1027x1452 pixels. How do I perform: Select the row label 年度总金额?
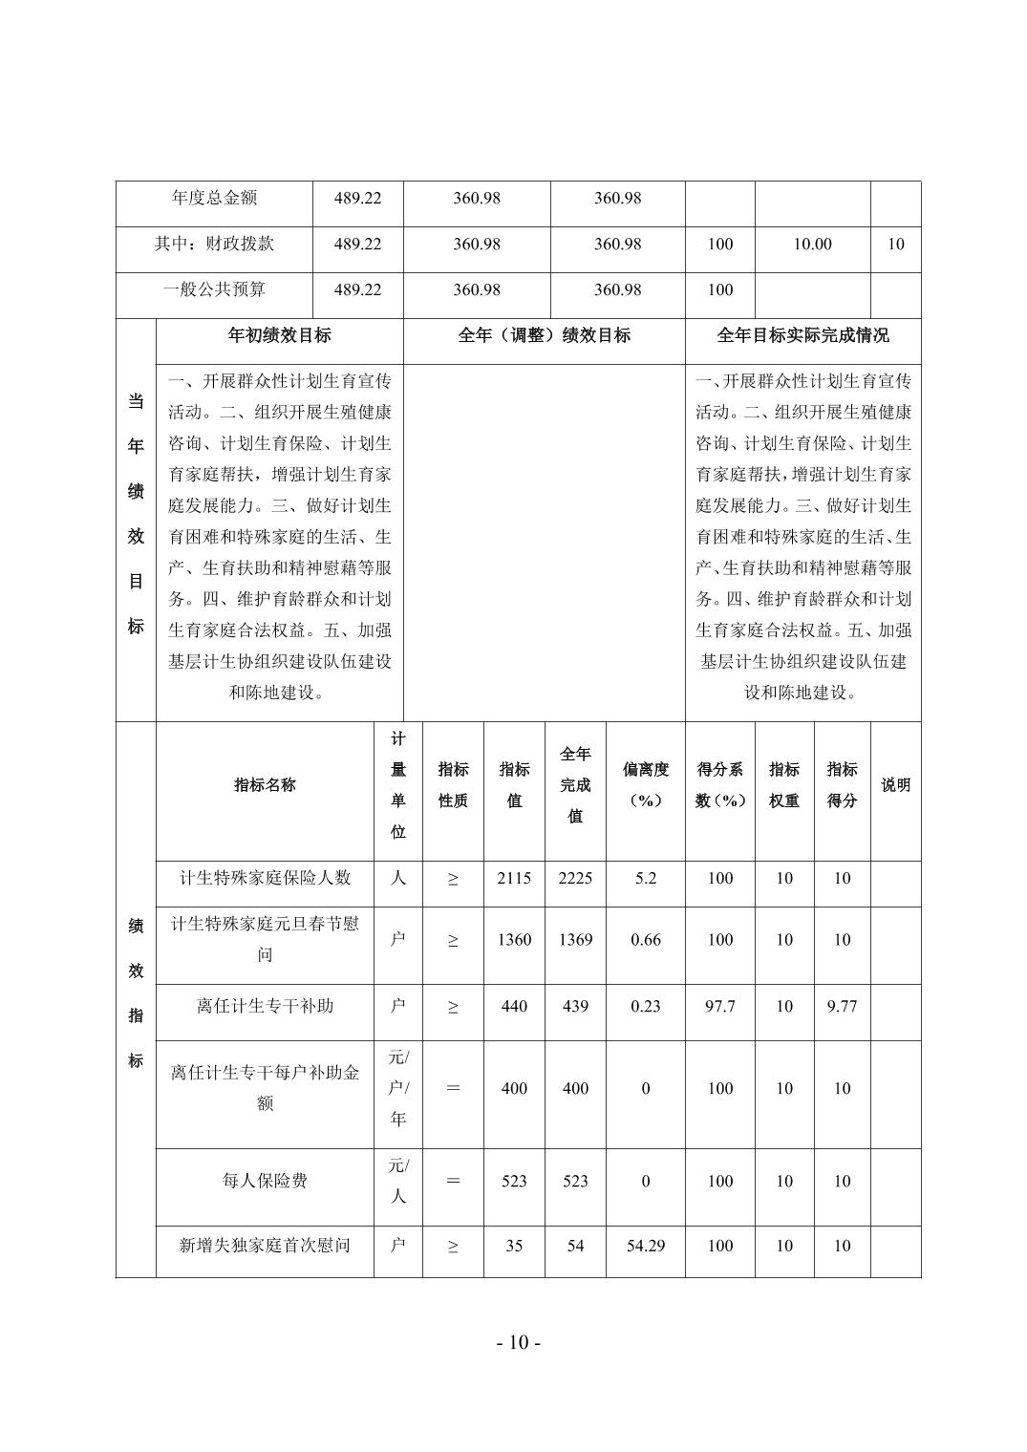[x=214, y=198]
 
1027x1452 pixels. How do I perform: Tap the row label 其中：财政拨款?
[x=214, y=244]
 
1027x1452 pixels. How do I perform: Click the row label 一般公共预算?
[x=214, y=289]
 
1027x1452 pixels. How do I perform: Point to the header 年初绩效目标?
[x=279, y=335]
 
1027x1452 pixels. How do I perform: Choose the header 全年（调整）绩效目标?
[x=544, y=335]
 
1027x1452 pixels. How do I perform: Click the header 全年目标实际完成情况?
[x=802, y=335]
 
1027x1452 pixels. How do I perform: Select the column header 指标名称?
[x=265, y=784]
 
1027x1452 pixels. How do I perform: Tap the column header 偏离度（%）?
[x=646, y=784]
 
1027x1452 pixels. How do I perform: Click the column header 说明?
[x=895, y=784]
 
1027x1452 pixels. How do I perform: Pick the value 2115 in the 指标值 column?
[x=514, y=878]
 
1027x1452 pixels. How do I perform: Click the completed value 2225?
[x=575, y=878]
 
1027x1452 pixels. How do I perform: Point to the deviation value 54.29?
[x=646, y=1246]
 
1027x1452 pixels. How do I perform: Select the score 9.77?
[x=842, y=1006]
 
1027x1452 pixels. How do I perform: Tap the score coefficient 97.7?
[x=719, y=1006]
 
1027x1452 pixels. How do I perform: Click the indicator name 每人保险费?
[x=265, y=1181]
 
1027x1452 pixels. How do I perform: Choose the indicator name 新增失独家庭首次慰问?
[x=265, y=1246]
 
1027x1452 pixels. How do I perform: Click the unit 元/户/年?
[x=398, y=1088]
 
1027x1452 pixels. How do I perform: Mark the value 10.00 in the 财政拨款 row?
[x=812, y=244]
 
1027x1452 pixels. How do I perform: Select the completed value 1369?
[x=575, y=939]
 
